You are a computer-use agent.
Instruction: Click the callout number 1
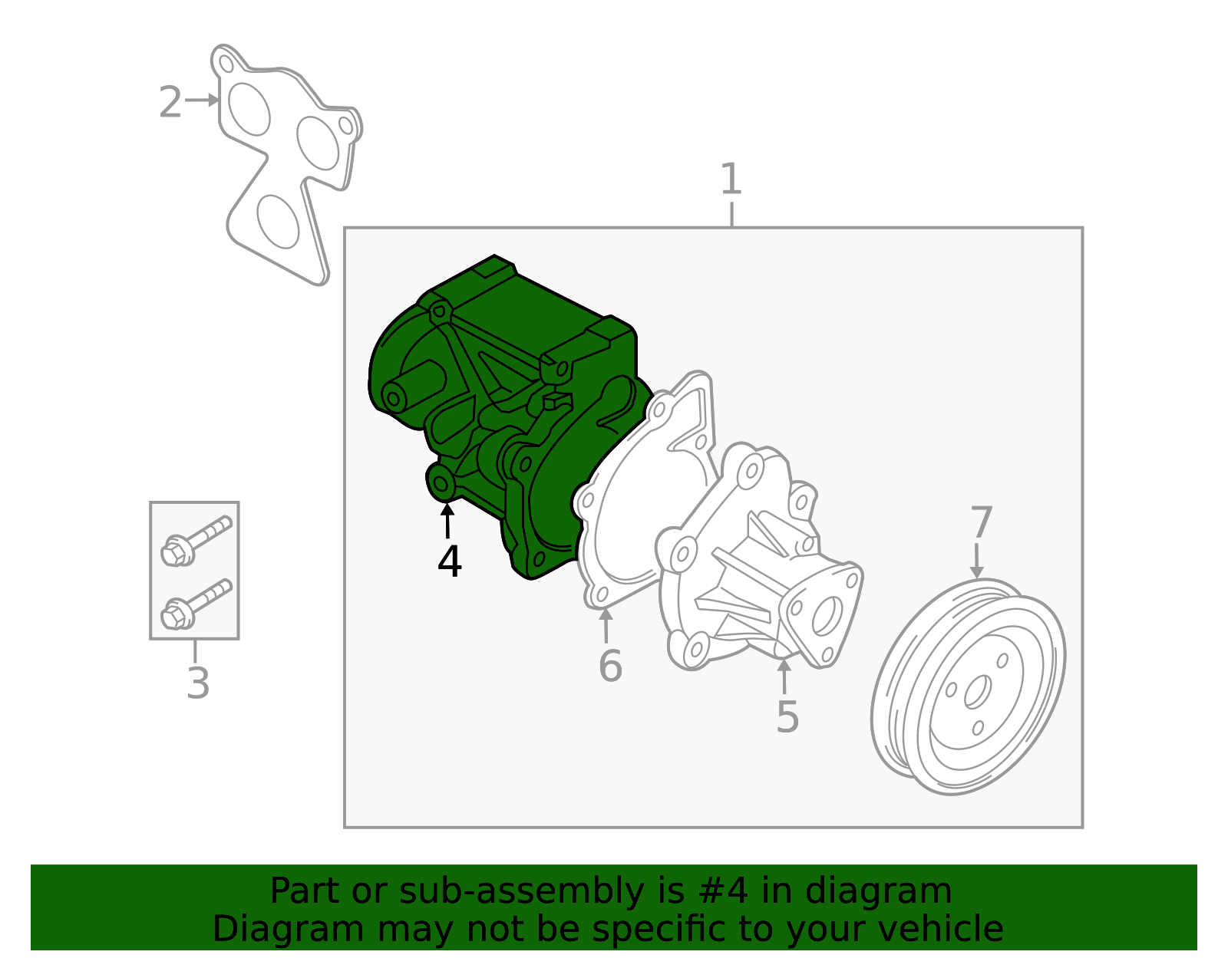click(731, 179)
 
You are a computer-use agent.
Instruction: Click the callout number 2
click(170, 102)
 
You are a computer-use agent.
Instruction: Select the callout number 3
click(198, 683)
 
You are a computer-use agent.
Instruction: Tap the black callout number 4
click(450, 561)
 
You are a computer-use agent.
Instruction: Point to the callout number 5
click(787, 717)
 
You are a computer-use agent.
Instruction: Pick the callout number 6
click(610, 666)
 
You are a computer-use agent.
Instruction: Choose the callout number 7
click(982, 522)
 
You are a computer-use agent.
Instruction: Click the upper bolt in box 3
click(196, 541)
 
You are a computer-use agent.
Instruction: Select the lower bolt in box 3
click(196, 604)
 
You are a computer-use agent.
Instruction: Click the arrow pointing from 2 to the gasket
click(203, 100)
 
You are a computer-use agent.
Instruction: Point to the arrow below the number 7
click(976, 561)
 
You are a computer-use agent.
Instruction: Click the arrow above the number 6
click(606, 626)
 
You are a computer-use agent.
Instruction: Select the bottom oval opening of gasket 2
click(278, 222)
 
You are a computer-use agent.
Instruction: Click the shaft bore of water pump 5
click(827, 615)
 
